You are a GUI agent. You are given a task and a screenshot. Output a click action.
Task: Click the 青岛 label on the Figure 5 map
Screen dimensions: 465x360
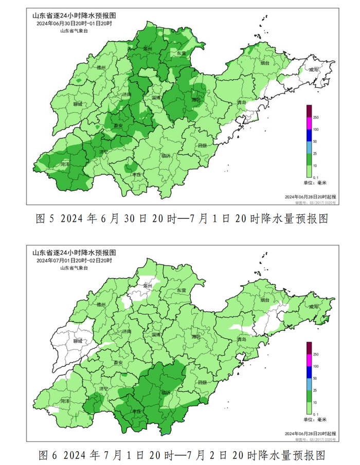242,103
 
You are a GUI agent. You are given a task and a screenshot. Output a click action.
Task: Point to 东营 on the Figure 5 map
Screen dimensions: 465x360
182,52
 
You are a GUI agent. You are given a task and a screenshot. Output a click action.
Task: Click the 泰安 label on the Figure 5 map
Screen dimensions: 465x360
118,125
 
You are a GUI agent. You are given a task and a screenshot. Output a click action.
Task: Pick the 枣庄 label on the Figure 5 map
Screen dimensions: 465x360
137,175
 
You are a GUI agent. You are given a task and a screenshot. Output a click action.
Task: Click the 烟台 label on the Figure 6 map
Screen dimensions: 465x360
265,300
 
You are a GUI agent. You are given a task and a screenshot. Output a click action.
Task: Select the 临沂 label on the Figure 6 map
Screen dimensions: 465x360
166,392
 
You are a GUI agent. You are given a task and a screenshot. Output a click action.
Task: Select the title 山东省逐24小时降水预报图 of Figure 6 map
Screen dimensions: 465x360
74,253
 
